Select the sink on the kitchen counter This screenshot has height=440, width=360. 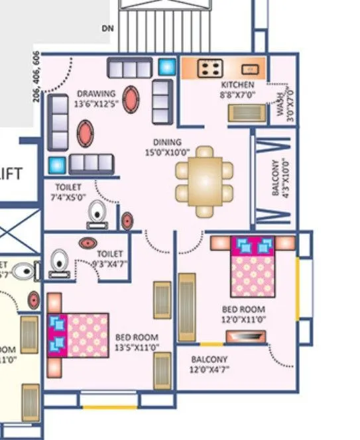[250, 68]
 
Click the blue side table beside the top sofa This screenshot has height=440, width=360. [166, 67]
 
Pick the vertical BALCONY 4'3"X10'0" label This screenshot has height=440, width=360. [280, 176]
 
